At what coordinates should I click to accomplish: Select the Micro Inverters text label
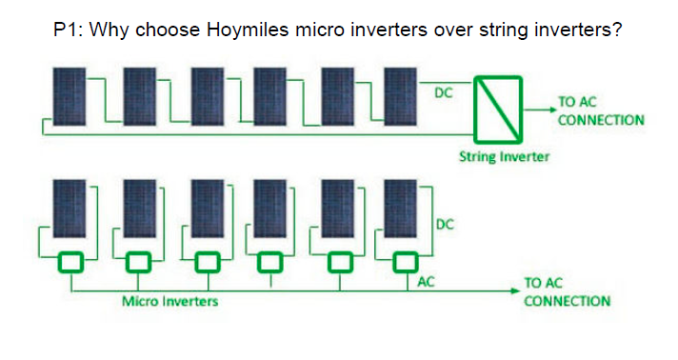coord(169,302)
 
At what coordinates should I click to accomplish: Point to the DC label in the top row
coord(443,93)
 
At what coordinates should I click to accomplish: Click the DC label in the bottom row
coord(445,224)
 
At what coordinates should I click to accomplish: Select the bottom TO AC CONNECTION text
coord(567,292)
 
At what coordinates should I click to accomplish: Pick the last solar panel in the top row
coord(404,96)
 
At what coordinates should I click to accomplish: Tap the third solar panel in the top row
coord(209,96)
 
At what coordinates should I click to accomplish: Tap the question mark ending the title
coord(617,30)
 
